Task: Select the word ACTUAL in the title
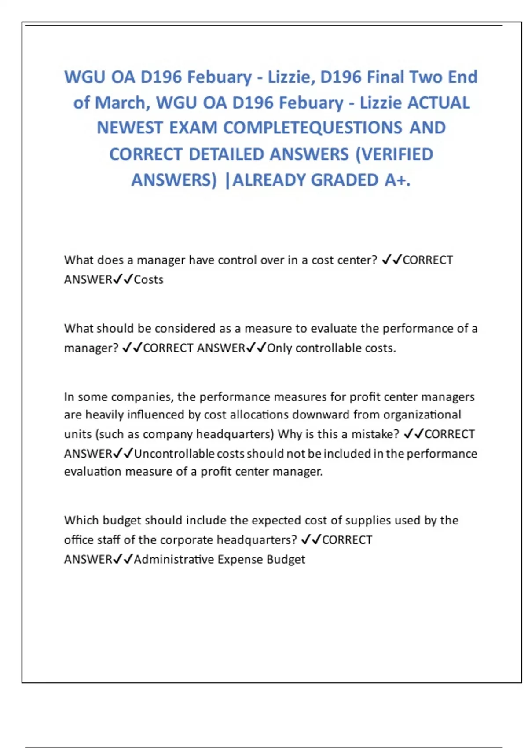pos(439,103)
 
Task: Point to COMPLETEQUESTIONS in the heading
pos(312,128)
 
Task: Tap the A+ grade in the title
pos(397,180)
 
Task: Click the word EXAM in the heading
pos(194,128)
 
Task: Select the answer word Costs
pos(149,280)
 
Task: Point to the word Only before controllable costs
pos(279,348)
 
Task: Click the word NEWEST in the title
pos(130,128)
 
